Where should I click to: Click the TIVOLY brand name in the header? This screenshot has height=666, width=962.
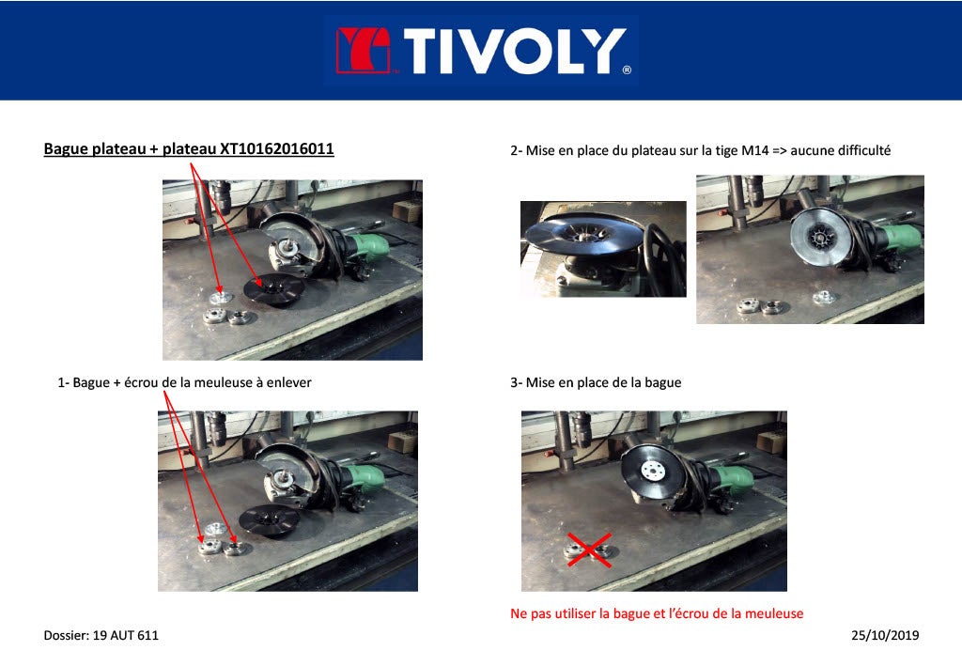pyautogui.click(x=515, y=51)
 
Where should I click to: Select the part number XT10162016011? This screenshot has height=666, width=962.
pyautogui.click(x=276, y=148)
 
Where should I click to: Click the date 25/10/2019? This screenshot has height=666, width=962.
pyautogui.click(x=885, y=636)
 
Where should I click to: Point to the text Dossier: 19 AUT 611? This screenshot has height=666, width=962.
pyautogui.click(x=101, y=636)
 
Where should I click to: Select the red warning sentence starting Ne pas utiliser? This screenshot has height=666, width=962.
pyautogui.click(x=657, y=613)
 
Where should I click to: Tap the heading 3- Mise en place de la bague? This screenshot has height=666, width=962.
pyautogui.click(x=597, y=382)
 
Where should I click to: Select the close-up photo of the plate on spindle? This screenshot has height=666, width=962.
pyautogui.click(x=602, y=248)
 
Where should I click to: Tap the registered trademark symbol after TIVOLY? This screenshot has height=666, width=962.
pyautogui.click(x=627, y=70)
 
